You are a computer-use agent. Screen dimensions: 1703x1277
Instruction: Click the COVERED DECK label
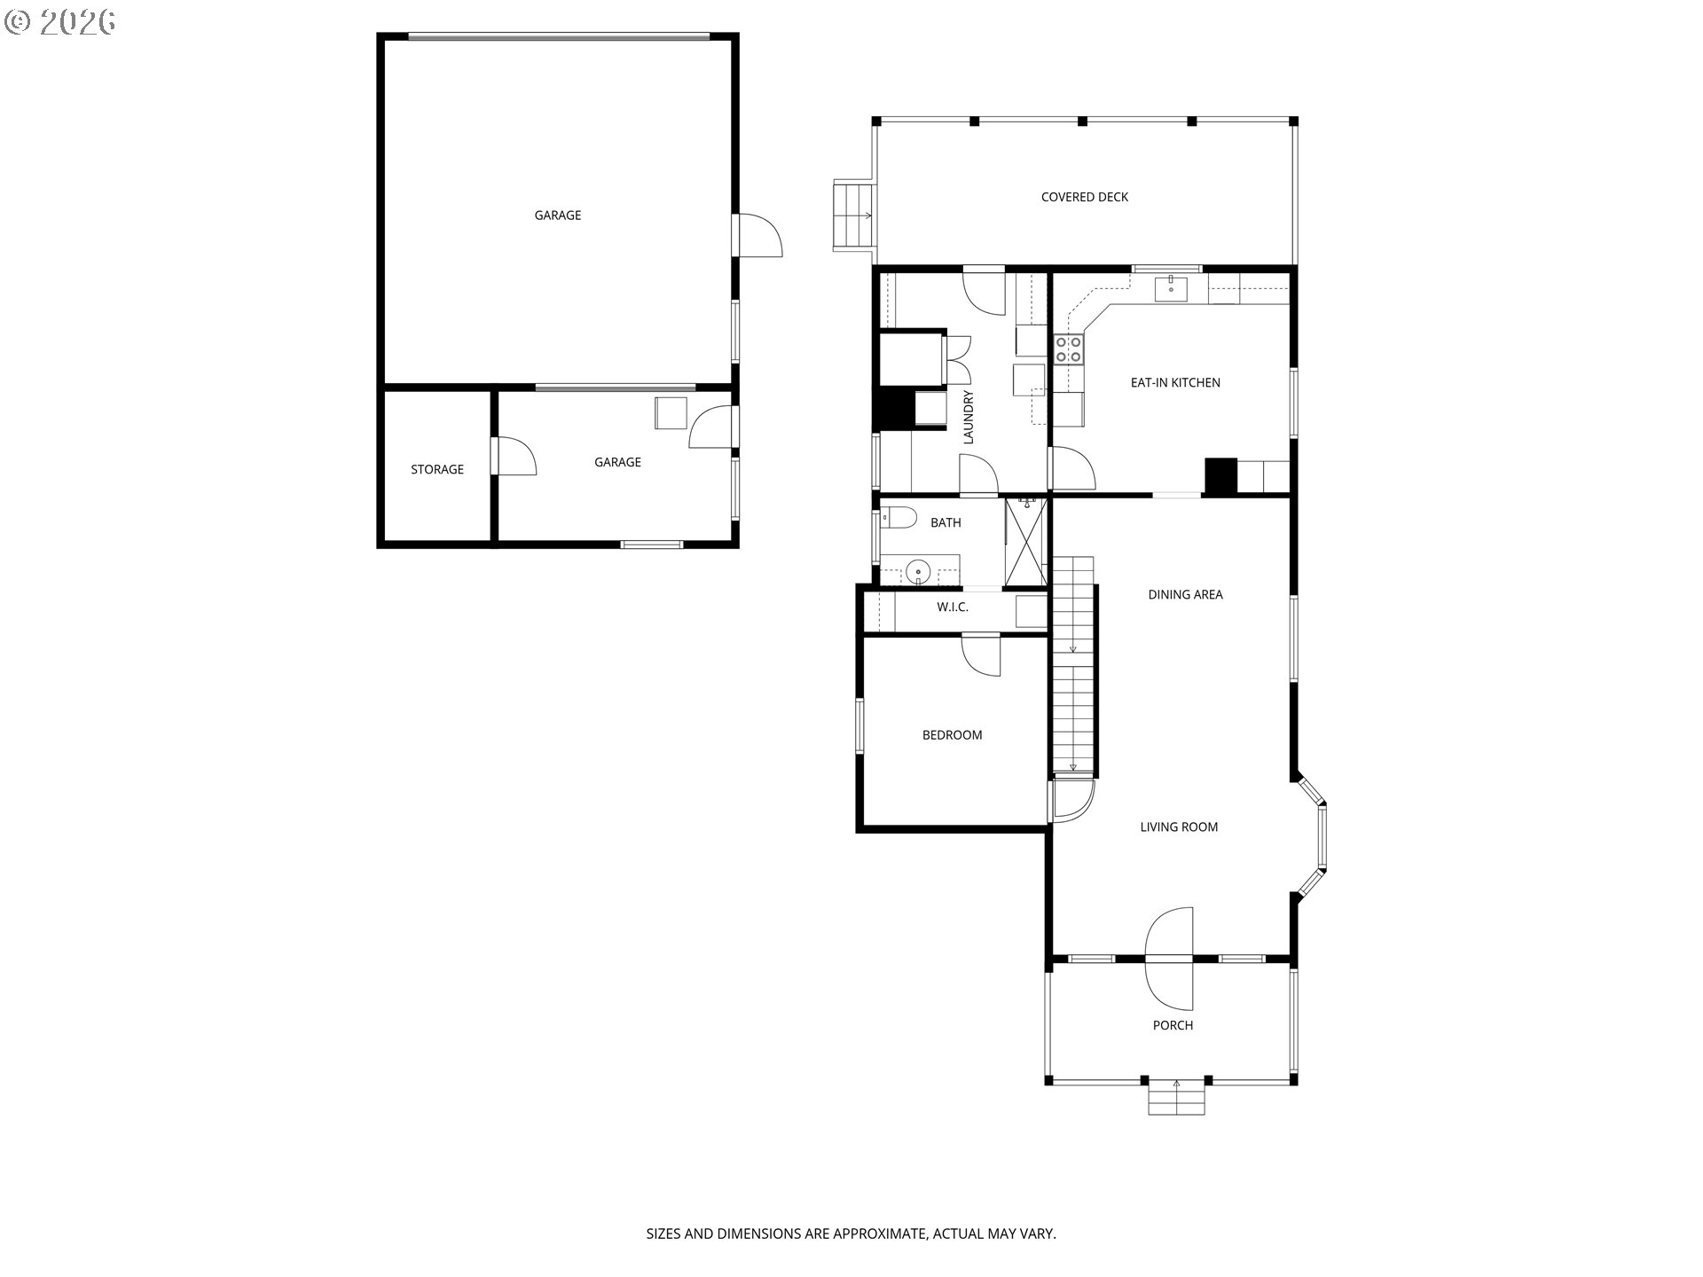coord(1084,197)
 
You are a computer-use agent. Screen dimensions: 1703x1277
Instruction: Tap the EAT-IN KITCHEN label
coord(1175,382)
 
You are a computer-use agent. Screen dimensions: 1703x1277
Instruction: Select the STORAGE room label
coord(436,469)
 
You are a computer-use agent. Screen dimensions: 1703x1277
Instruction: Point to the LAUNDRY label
coord(969,417)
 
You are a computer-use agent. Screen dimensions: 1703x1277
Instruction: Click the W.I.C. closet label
coord(953,607)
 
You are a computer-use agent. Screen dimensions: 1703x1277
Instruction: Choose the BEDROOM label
coord(952,734)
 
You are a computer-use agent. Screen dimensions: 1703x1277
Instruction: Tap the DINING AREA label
coord(1185,594)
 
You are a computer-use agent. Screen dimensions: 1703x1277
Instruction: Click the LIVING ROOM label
coord(1179,827)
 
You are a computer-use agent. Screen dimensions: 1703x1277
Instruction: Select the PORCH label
coord(1173,1025)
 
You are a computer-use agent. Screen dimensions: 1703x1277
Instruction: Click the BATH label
coord(946,522)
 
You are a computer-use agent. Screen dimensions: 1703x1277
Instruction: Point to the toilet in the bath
coord(898,518)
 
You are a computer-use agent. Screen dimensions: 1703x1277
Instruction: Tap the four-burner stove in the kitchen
coord(1068,349)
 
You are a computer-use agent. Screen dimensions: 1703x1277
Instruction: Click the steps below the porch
coord(1177,1097)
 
